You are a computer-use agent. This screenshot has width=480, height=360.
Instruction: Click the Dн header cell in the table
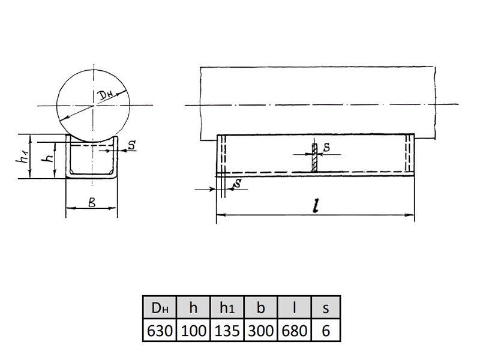click(160, 307)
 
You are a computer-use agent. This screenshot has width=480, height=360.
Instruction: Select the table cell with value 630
click(160, 331)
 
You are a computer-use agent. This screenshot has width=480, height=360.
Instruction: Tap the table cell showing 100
click(193, 331)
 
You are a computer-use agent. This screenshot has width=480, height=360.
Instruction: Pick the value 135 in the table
click(227, 331)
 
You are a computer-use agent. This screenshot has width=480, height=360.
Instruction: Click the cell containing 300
click(261, 331)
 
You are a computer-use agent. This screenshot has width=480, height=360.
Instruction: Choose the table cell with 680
click(295, 331)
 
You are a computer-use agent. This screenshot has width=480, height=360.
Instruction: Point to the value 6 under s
click(326, 331)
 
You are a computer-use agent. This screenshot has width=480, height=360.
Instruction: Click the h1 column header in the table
click(227, 307)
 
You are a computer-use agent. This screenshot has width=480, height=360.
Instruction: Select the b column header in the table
click(261, 307)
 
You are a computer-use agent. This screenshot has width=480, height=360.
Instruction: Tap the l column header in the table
click(295, 307)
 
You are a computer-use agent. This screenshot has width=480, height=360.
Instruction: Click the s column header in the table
click(326, 307)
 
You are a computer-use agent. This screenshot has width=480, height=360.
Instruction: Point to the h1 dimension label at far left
click(22, 157)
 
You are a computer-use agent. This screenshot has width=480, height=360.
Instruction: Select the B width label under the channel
click(92, 202)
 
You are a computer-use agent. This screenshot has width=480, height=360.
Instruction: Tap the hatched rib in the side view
click(314, 157)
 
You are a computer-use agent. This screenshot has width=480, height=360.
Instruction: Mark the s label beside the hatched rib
click(326, 148)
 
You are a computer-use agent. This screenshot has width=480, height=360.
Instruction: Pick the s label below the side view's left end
click(237, 184)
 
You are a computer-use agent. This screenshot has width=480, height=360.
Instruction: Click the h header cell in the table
click(193, 307)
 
